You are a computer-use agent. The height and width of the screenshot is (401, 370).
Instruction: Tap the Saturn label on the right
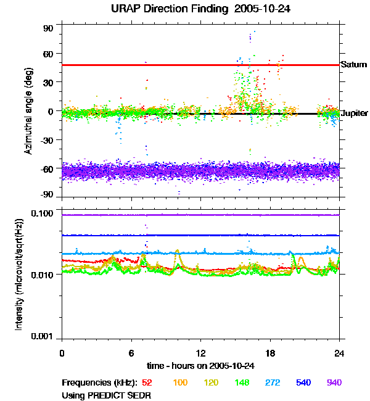354,65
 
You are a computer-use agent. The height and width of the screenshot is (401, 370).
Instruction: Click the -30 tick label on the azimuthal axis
47,140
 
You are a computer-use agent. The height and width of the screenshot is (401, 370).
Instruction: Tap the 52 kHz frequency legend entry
147,383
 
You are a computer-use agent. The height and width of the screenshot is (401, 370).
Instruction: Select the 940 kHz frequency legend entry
334,383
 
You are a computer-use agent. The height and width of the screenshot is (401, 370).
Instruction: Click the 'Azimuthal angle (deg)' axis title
28,111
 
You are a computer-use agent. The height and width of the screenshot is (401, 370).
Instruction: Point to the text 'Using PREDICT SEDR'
107,395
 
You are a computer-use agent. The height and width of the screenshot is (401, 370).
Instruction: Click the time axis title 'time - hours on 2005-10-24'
200,366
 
